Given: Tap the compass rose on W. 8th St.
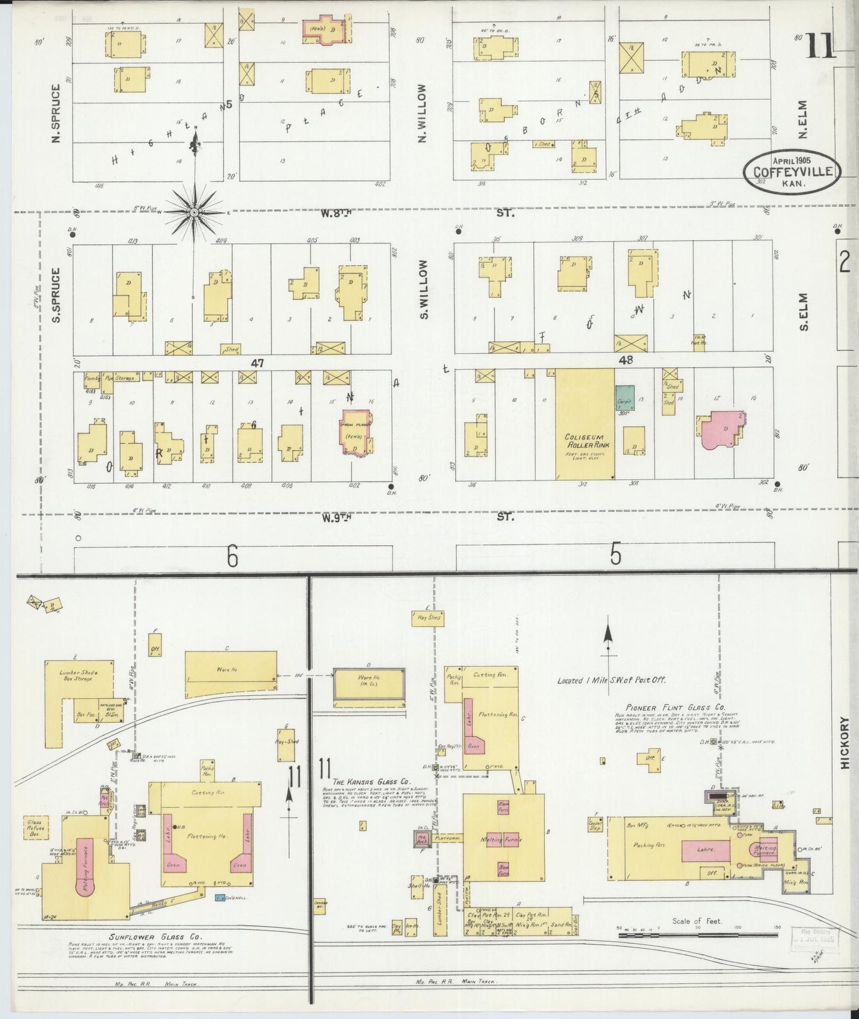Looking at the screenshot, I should click(194, 212).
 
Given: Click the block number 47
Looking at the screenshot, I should click(257, 362).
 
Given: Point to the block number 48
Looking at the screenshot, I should click(625, 360).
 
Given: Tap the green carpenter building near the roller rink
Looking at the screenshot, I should click(624, 397).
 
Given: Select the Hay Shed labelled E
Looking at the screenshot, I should click(427, 618).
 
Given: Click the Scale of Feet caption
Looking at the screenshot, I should click(697, 921).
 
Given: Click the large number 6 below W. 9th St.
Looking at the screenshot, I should click(232, 557).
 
